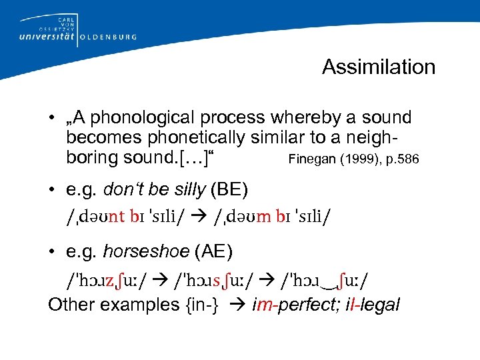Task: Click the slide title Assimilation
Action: coord(378,67)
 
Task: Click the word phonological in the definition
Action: coord(138,118)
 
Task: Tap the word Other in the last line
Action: coord(69,305)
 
